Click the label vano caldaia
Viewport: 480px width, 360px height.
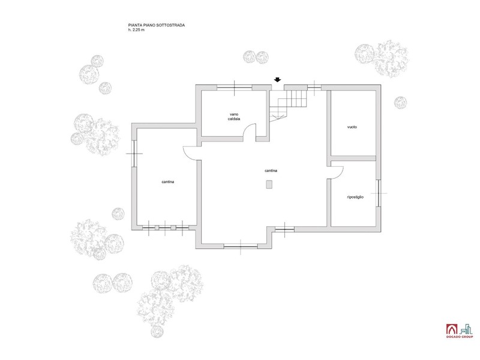click(234, 116)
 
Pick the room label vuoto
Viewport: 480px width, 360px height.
click(352, 127)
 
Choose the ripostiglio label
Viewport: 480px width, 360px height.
click(355, 197)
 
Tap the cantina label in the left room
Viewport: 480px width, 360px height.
click(167, 182)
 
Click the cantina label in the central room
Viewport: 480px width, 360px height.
click(271, 170)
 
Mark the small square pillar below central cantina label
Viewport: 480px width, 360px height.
click(270, 185)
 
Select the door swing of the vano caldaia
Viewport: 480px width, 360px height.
click(251, 131)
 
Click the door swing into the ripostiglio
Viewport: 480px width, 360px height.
click(336, 172)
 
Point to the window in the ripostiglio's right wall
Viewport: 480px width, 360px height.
click(379, 193)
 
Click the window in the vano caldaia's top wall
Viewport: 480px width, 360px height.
click(235, 87)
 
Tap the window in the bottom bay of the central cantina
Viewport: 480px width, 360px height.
click(241, 245)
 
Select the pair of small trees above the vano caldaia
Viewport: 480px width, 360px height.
click(256, 56)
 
